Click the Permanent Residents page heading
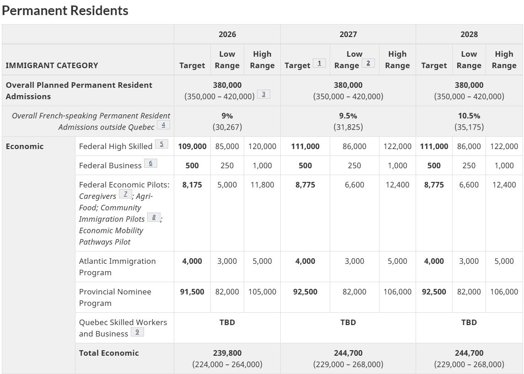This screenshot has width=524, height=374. point(65,11)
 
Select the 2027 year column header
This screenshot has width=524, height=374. point(348,34)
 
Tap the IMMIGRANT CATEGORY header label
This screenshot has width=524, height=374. point(52,65)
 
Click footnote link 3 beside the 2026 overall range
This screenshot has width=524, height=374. point(263,94)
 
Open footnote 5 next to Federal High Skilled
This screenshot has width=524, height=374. point(161,144)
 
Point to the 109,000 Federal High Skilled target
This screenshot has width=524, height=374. point(192,146)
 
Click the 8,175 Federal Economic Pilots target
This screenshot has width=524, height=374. point(192,185)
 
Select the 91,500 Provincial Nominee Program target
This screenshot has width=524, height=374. point(192,292)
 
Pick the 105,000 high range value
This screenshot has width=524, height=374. point(262,292)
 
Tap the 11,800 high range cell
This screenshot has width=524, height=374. point(262,185)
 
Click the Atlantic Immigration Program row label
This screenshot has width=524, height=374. point(117,267)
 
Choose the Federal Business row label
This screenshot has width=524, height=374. point(110,166)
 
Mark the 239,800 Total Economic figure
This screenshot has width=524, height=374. point(227,353)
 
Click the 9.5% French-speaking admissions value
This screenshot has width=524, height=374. point(348,116)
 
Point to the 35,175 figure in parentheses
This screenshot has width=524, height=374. point(469,127)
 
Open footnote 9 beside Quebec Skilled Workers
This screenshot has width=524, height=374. point(137,332)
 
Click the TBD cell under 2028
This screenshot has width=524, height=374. point(469,322)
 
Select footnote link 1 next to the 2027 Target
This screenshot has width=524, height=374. point(319,63)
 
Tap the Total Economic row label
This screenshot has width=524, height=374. point(109,353)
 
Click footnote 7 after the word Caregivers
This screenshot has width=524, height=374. point(125,194)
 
